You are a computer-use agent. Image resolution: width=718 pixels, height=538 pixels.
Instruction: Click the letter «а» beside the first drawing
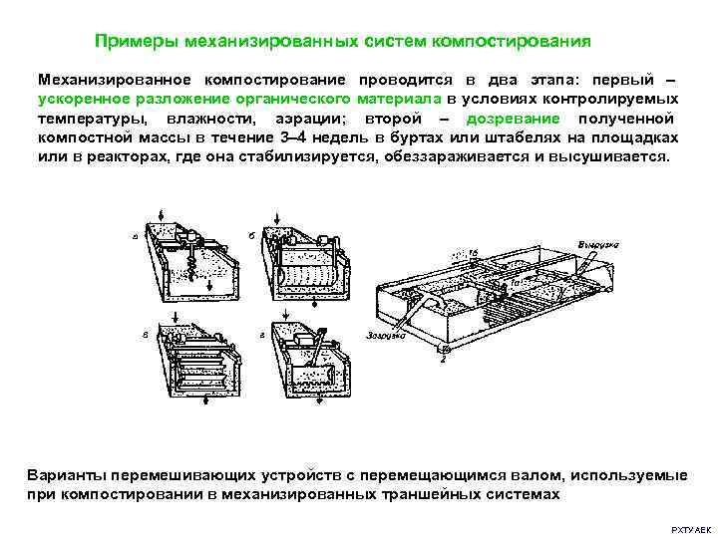coord(135,236)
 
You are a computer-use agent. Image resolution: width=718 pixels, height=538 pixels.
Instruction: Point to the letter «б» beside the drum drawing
coord(249,236)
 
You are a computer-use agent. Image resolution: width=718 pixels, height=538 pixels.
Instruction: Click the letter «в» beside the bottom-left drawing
coord(146,336)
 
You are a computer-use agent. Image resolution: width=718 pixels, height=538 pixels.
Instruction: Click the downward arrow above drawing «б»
coord(275,216)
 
